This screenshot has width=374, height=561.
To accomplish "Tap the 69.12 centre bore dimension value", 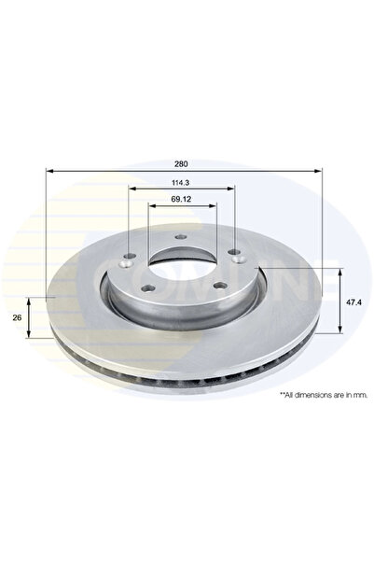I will [183, 200].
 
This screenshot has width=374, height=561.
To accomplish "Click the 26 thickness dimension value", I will [17, 317].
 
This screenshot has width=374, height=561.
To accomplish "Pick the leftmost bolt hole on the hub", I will [129, 254].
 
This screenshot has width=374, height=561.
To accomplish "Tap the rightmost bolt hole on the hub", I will [234, 251].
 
